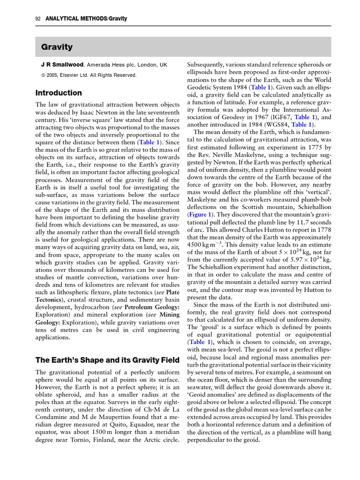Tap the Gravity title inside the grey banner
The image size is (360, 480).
coord(57,47)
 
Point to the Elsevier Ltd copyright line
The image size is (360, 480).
coord(89,75)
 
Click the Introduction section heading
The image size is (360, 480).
coord(59,93)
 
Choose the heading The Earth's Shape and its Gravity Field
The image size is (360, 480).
coord(107,360)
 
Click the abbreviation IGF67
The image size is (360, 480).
coord(277,117)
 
